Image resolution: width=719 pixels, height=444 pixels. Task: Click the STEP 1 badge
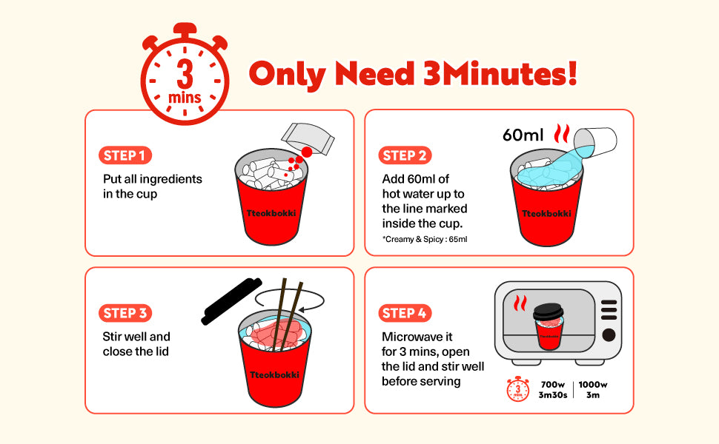[125, 155]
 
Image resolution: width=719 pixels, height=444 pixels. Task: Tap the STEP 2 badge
[405, 155]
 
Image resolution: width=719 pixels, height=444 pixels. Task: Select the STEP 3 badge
[125, 313]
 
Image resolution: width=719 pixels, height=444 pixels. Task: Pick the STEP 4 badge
[405, 313]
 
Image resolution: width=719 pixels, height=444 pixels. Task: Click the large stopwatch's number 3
[185, 74]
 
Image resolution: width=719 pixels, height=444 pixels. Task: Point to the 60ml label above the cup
[523, 135]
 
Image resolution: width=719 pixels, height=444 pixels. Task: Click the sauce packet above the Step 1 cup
[307, 138]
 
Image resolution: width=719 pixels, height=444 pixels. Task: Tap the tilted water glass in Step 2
[595, 141]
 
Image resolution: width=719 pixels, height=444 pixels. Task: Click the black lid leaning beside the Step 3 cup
[231, 302]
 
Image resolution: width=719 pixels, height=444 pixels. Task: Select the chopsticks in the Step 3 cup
[288, 315]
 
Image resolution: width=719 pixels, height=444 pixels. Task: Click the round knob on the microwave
[609, 335]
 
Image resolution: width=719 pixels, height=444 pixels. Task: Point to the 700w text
[552, 385]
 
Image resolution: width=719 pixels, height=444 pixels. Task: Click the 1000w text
[593, 385]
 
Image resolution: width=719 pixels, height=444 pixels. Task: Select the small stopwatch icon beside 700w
[517, 389]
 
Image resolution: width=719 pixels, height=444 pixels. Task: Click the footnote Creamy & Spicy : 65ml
[425, 239]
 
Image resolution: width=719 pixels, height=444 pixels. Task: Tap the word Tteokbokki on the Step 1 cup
[271, 213]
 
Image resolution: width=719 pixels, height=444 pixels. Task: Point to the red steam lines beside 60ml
[562, 133]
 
